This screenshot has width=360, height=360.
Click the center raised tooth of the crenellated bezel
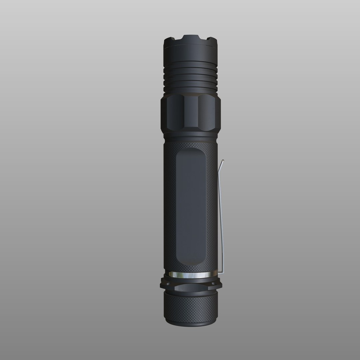click(191, 37)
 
